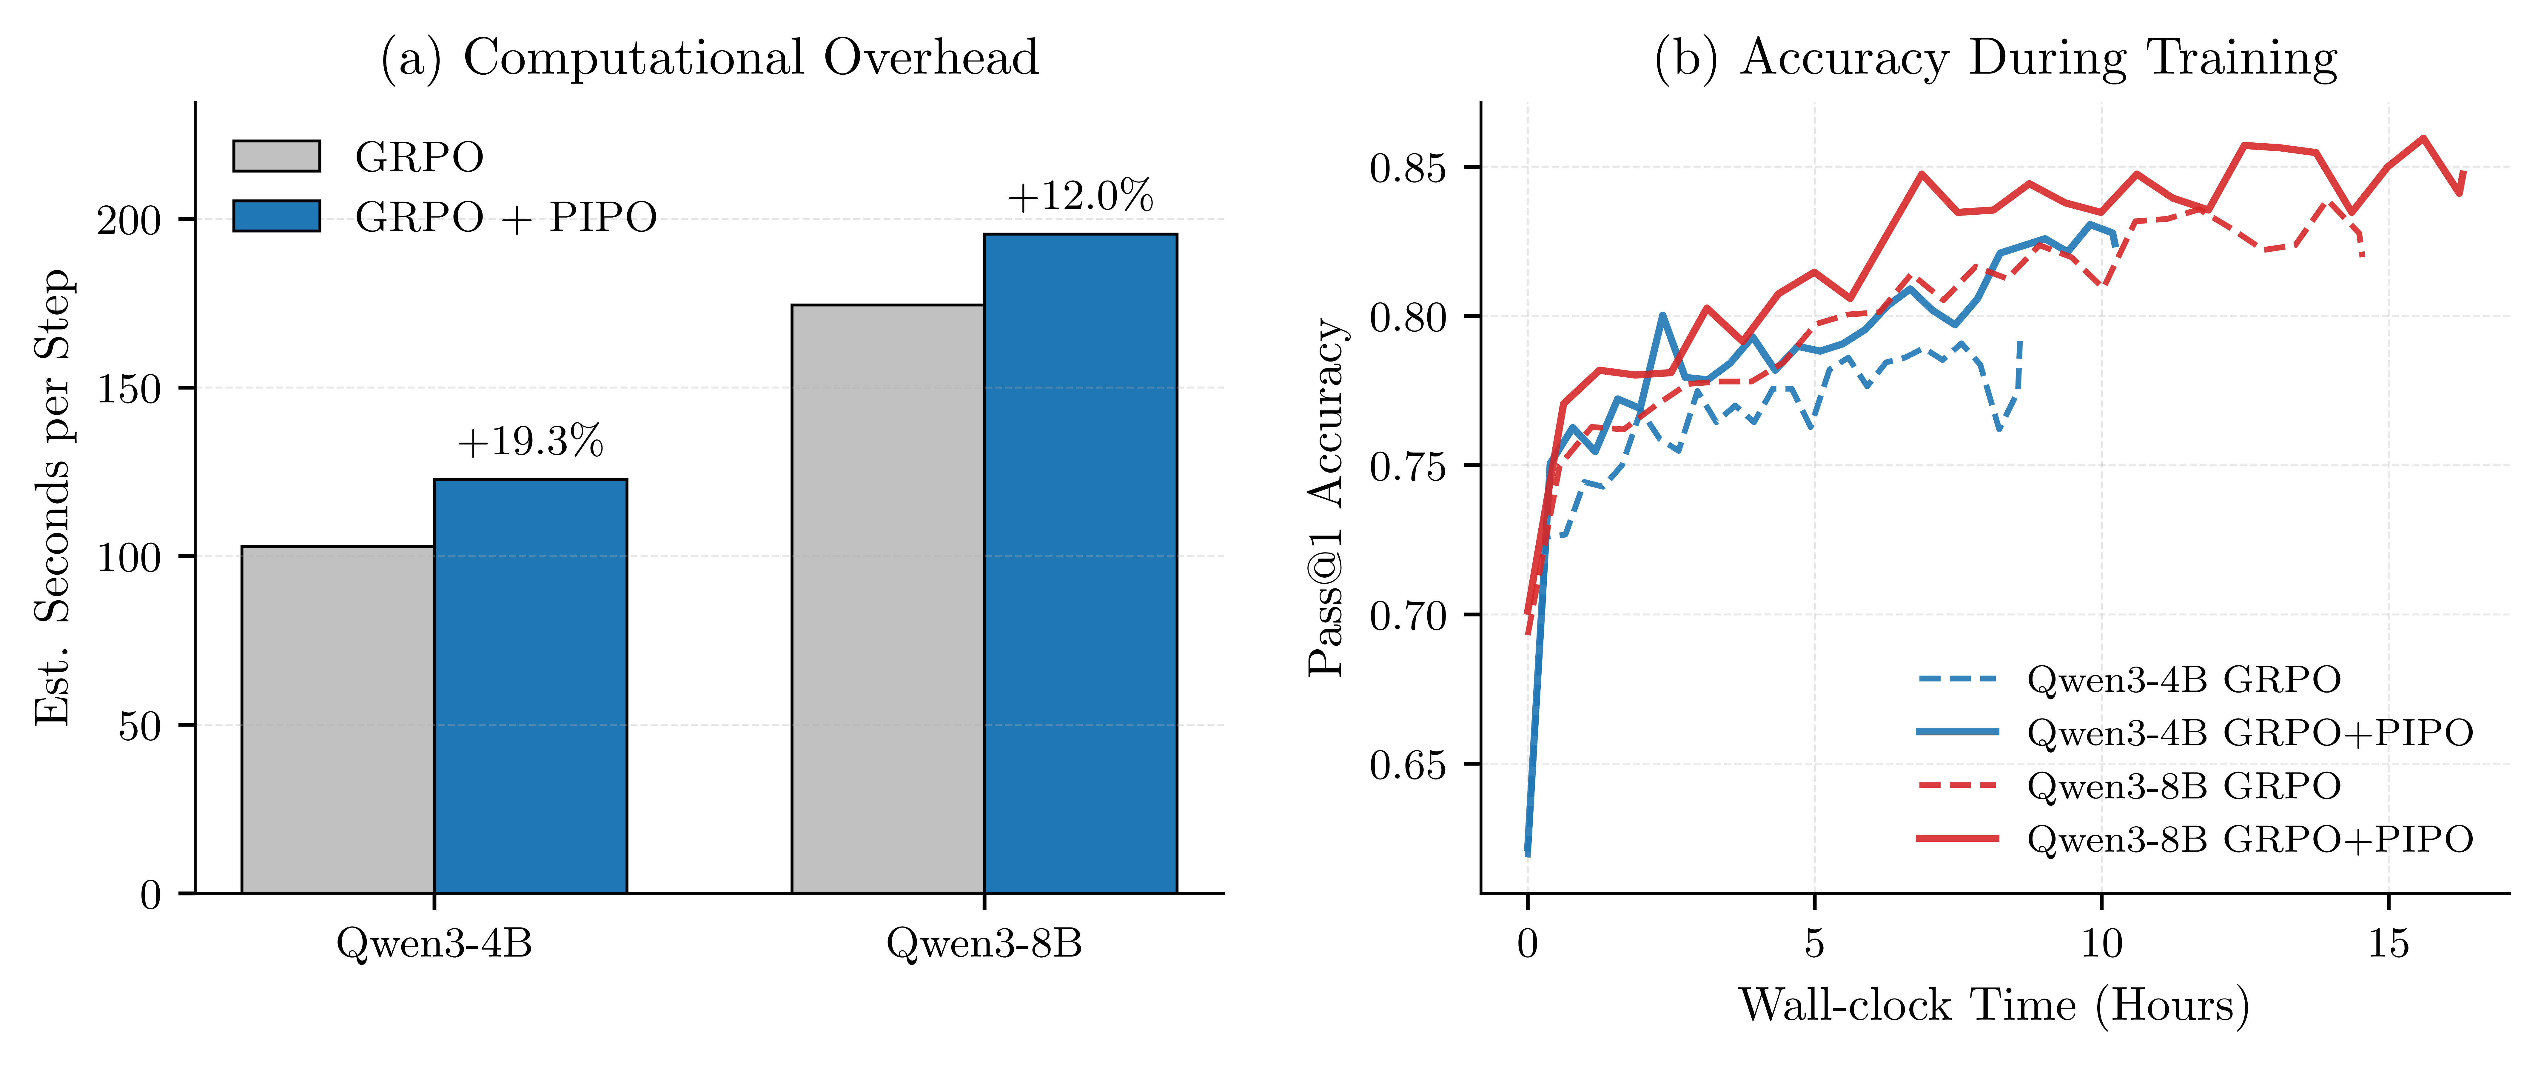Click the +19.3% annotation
[530, 442]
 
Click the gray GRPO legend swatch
[277, 156]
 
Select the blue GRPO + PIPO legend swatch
[277, 215]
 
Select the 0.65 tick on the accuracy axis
[1407, 765]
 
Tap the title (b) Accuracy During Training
[1995, 57]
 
